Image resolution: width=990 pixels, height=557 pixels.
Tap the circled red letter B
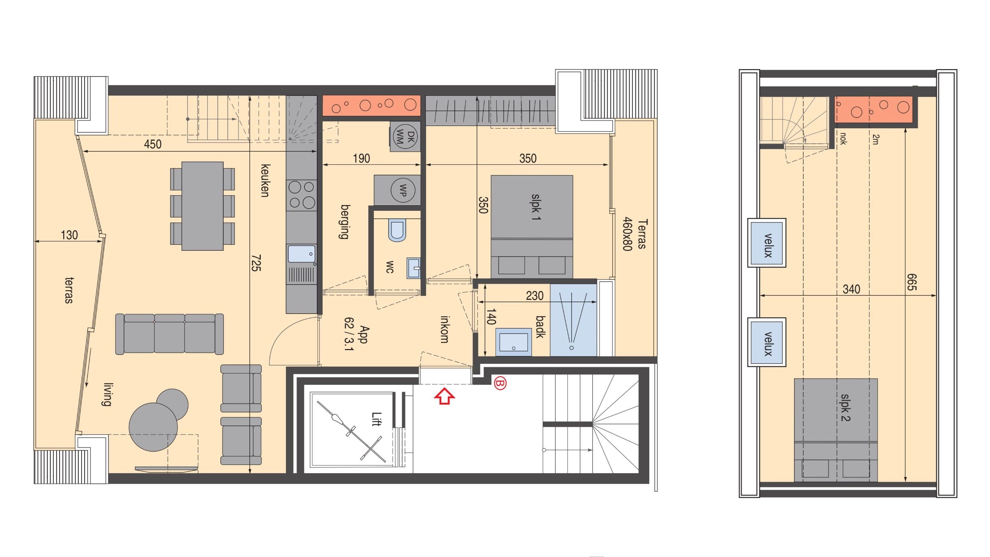click(500, 383)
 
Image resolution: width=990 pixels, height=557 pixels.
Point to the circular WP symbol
click(402, 190)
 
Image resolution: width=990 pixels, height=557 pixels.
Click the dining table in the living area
click(202, 206)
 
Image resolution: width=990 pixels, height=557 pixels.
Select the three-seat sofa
click(170, 334)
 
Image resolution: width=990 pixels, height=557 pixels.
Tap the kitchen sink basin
click(302, 254)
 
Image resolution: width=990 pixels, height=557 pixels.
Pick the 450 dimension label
click(153, 144)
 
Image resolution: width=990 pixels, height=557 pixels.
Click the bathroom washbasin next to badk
click(514, 341)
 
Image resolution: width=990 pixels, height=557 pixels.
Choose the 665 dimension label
click(912, 282)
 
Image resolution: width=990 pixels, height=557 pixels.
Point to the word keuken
click(265, 181)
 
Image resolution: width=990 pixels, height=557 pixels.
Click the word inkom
click(444, 329)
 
